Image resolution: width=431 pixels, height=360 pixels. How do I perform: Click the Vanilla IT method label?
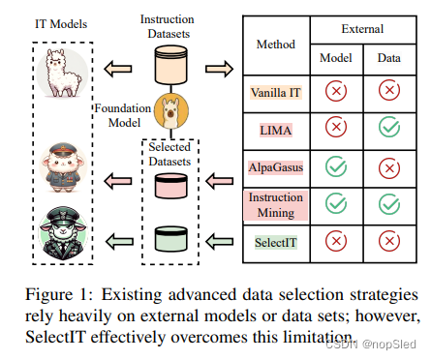tap(273, 92)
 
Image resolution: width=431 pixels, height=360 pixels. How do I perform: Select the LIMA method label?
tap(274, 129)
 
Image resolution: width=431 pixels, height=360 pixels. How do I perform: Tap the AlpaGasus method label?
tap(274, 165)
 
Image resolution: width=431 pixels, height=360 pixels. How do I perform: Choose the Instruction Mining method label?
tap(274, 203)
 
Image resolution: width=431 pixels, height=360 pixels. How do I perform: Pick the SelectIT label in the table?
tap(274, 241)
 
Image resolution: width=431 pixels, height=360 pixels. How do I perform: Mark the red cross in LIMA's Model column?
tap(333, 129)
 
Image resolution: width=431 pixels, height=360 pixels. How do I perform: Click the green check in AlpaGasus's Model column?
tap(333, 166)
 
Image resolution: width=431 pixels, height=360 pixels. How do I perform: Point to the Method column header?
tap(274, 45)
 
